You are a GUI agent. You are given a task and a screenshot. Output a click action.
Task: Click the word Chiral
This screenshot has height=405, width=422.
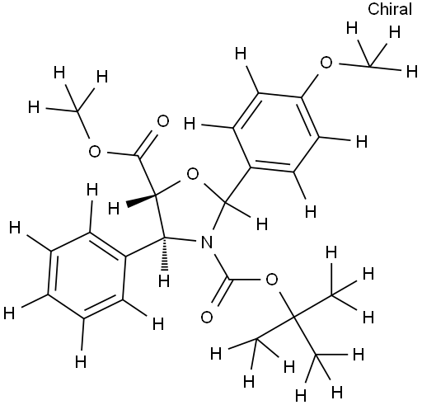390,9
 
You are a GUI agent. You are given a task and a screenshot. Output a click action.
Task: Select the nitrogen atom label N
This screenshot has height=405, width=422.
206,243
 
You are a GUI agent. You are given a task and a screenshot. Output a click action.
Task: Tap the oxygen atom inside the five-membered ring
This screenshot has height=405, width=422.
192,174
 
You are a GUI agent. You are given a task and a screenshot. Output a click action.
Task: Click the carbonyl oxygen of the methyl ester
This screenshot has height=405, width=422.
162,121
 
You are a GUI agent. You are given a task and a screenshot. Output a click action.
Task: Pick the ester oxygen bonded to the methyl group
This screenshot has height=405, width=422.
95,152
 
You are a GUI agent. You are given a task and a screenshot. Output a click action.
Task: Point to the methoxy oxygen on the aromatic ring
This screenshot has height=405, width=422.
326,63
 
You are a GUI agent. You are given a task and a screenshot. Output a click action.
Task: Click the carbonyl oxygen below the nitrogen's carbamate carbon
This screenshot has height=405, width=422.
207,317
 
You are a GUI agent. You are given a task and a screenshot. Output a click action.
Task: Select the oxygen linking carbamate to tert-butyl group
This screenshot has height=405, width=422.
271,280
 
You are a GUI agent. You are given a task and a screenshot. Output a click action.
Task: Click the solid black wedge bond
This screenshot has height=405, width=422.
141,200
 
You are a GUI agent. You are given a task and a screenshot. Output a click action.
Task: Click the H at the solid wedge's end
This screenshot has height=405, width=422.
114,208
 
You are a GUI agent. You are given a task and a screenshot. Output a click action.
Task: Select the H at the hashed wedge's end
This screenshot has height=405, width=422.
164,281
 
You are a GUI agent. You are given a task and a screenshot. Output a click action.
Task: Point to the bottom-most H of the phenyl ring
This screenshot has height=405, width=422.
81,361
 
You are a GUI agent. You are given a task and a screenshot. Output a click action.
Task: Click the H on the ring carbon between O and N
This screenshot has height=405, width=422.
262,224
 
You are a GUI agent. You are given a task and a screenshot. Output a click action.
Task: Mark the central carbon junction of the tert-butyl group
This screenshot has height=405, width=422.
293,318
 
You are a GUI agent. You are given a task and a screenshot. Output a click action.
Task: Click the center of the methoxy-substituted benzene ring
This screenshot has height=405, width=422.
276,133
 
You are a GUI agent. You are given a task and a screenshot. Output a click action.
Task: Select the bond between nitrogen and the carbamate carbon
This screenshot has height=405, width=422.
221,266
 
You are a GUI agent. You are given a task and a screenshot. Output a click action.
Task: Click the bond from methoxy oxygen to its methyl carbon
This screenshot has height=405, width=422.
354,65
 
